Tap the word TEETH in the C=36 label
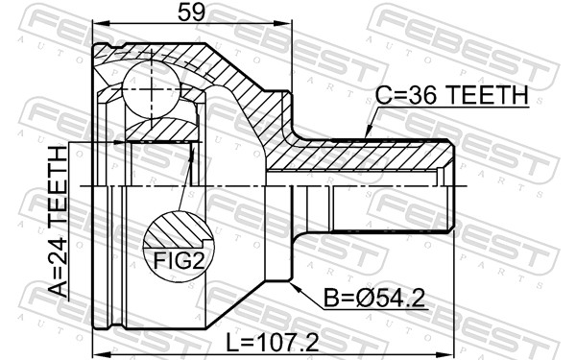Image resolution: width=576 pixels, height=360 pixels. (x=485, y=96)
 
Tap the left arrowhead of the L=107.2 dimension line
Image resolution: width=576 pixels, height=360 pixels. (x=98, y=351)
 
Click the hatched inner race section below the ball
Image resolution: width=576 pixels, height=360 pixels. (x=158, y=128)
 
